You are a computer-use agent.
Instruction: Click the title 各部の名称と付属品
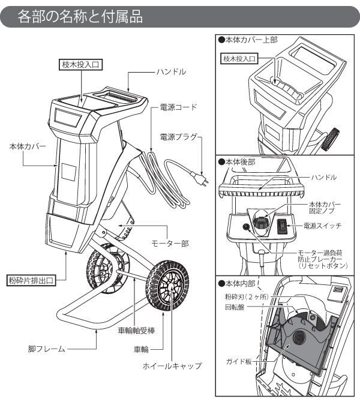click(x=80, y=16)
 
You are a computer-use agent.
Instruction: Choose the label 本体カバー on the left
click(x=28, y=146)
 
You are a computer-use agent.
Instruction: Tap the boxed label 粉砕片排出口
click(x=31, y=280)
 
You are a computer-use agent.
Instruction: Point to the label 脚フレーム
click(x=46, y=348)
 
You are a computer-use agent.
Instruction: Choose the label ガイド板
click(x=238, y=362)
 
